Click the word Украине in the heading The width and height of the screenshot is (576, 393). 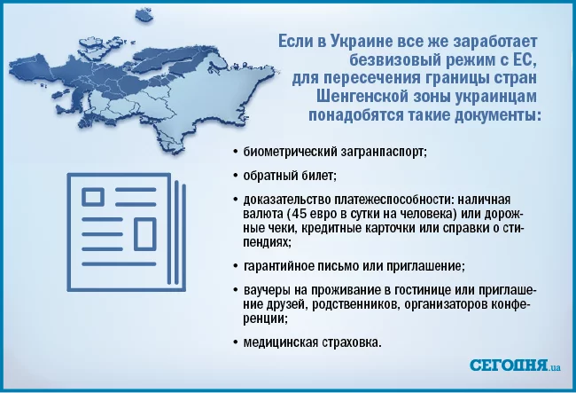click(x=356, y=42)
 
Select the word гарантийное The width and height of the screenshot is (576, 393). click(x=283, y=265)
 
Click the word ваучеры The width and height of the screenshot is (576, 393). click(x=267, y=290)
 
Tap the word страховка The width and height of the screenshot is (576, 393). click(x=355, y=342)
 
